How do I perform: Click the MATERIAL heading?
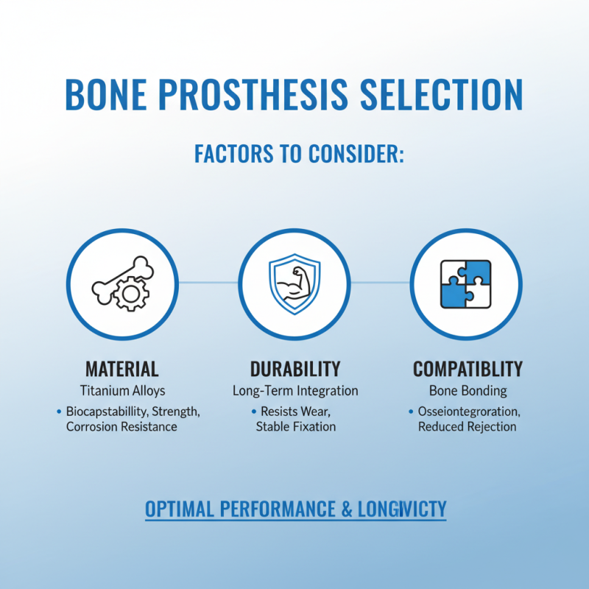click(x=122, y=369)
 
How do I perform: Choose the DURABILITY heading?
click(x=295, y=369)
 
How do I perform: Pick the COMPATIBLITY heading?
click(x=468, y=369)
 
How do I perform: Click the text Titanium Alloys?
click(x=122, y=391)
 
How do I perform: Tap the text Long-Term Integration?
click(x=295, y=391)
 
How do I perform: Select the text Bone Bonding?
click(x=468, y=391)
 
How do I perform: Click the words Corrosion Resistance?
click(x=121, y=427)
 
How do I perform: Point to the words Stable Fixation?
click(x=296, y=427)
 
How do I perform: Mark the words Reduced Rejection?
click(x=468, y=427)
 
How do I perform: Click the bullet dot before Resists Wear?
click(x=254, y=411)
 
